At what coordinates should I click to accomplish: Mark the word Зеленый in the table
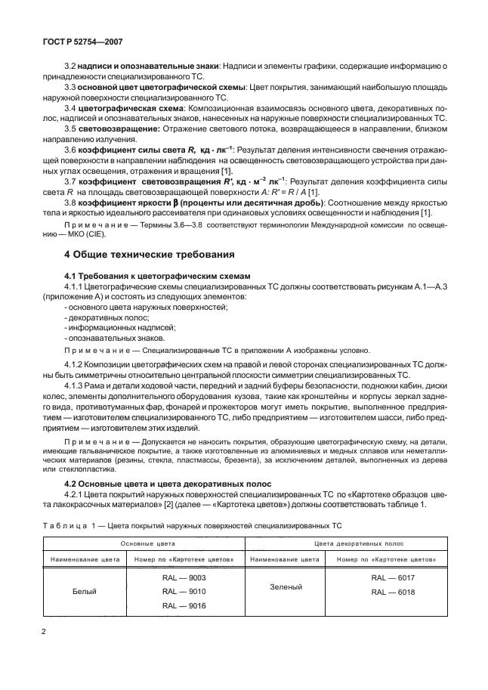point(287,586)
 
